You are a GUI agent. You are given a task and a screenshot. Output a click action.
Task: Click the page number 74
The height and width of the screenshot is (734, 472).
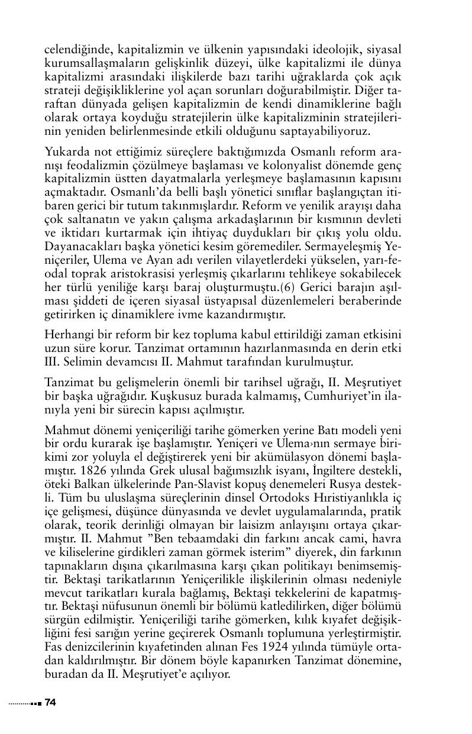tap(50, 702)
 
